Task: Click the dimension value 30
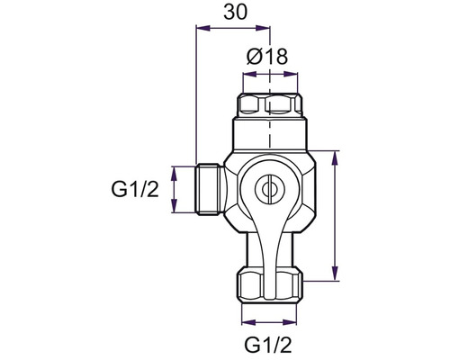tap(236, 13)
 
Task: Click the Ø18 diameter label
tap(267, 56)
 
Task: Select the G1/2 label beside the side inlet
tap(135, 189)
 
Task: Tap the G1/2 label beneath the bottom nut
tap(268, 345)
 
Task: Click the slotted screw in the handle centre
tap(269, 189)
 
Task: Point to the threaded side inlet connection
tap(210, 189)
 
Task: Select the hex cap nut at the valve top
tap(270, 105)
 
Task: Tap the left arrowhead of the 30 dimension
tap(202, 29)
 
